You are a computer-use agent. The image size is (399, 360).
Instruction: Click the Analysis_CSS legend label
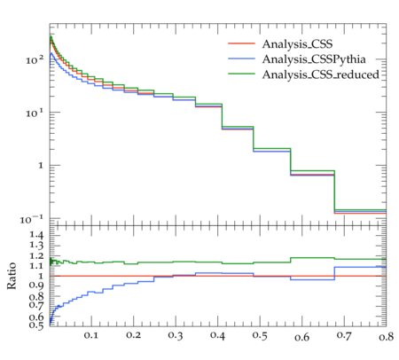297,44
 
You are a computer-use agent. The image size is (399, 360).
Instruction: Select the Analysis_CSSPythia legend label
314,59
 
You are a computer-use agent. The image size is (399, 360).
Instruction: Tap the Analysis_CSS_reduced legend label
321,74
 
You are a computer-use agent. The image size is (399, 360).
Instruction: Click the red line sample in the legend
241,43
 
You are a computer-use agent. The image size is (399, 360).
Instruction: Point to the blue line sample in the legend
241,59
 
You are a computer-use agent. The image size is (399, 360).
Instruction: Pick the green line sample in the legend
241,74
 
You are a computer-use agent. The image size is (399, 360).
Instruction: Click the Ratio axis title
12,276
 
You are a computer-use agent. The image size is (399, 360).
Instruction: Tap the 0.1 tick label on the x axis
91,335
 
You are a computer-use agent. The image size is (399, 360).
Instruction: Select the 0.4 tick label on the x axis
217,335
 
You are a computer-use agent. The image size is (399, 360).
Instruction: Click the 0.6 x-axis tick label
302,337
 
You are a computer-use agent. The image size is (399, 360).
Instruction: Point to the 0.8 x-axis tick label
387,337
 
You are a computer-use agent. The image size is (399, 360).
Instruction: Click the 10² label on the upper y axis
35,59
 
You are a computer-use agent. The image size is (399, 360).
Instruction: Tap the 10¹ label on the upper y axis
35,113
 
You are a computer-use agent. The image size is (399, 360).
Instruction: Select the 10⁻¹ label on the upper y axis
32,219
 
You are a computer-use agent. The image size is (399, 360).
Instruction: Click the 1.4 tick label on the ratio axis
36,235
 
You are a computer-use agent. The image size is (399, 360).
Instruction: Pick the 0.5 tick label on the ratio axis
36,325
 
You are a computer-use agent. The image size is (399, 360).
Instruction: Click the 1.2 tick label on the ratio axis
36,256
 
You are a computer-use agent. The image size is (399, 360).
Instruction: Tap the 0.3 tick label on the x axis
176,335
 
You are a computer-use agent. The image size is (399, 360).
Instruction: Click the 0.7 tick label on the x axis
344,335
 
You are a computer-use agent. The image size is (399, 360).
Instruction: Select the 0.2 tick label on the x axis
133,335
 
